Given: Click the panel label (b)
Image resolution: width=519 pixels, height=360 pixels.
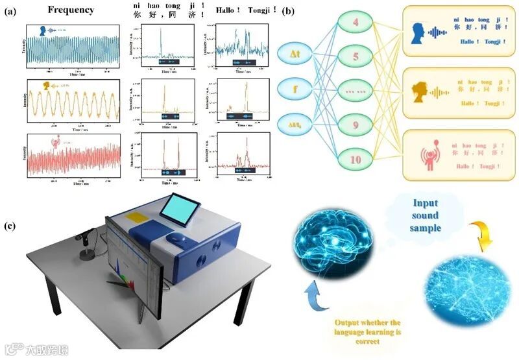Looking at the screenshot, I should click(290, 11).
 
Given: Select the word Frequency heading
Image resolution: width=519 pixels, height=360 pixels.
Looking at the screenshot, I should click(71, 10).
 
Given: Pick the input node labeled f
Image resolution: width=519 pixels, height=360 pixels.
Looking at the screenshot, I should click(293, 89).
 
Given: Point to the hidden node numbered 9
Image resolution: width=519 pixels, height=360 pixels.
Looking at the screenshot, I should click(356, 124).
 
